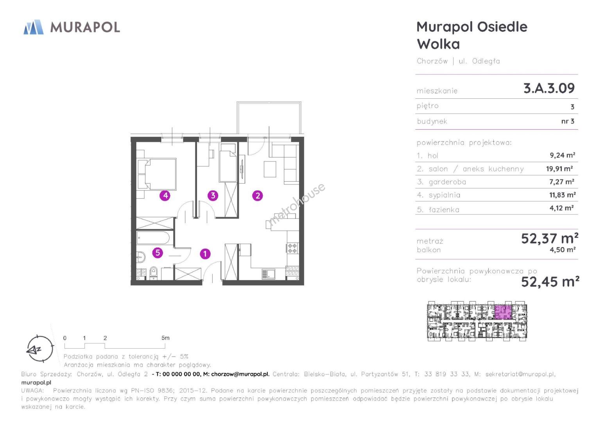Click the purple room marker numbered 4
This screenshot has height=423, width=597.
(165, 196)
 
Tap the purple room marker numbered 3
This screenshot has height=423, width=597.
(213, 196)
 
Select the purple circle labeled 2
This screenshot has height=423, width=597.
(258, 196)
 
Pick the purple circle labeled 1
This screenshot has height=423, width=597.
(205, 254)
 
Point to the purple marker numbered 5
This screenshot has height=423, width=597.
(158, 253)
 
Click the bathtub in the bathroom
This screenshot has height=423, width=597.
(153, 238)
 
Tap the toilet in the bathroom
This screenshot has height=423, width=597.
(154, 273)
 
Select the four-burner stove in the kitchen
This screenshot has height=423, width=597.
(292, 248)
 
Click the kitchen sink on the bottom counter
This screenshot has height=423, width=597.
(268, 274)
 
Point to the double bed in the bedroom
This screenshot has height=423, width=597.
(157, 174)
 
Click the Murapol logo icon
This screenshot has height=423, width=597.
(33, 27)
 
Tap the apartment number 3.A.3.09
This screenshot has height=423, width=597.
(549, 88)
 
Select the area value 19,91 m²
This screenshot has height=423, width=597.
(559, 169)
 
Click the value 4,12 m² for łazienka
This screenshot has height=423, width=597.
(561, 208)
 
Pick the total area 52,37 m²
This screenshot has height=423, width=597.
(550, 239)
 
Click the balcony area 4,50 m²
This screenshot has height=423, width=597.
(562, 250)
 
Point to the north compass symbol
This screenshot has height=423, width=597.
(40, 349)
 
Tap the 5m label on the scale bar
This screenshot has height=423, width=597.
(165, 338)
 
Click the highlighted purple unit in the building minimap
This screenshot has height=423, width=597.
(503, 312)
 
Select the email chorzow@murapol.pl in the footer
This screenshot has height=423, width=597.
(240, 374)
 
